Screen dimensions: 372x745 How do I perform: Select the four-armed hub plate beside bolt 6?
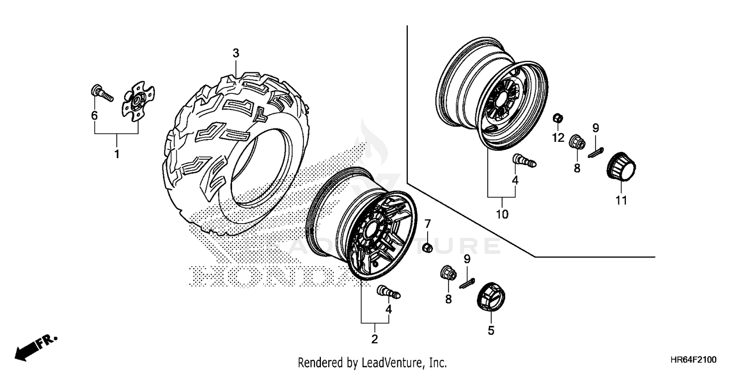[x=138, y=100]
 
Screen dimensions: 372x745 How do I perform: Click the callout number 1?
[x=117, y=154]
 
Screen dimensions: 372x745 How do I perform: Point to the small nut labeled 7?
[x=427, y=247]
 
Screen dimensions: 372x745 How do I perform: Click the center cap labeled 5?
[x=491, y=299]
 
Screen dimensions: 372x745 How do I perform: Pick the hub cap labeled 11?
[x=621, y=167]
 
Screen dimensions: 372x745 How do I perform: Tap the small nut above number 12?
[x=558, y=119]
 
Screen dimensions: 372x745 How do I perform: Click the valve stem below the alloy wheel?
[x=390, y=292]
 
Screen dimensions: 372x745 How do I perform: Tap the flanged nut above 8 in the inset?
[x=576, y=141]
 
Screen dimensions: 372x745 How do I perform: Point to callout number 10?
[x=502, y=214]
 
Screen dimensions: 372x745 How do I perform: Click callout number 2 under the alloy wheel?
[x=374, y=339]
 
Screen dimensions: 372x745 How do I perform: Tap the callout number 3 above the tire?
[x=236, y=53]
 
